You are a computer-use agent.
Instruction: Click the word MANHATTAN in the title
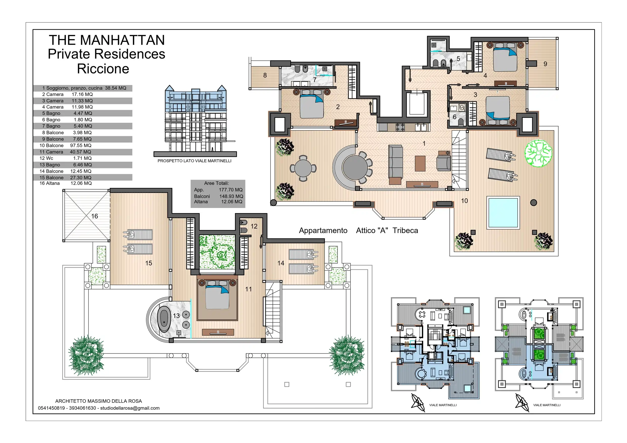click(x=122, y=40)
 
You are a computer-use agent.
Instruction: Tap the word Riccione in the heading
click(x=103, y=69)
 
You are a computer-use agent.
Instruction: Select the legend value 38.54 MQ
click(x=116, y=88)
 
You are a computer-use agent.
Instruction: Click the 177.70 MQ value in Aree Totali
click(x=230, y=190)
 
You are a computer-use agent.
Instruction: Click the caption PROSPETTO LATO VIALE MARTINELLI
click(x=195, y=161)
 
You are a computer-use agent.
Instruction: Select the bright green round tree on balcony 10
click(x=538, y=153)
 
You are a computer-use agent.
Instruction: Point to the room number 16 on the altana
click(x=94, y=216)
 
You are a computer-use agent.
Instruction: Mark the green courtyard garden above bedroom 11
click(x=217, y=252)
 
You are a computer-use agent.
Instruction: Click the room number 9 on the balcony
click(x=545, y=64)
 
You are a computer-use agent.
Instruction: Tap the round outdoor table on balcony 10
click(x=303, y=168)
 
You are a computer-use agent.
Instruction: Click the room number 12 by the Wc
click(x=254, y=226)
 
